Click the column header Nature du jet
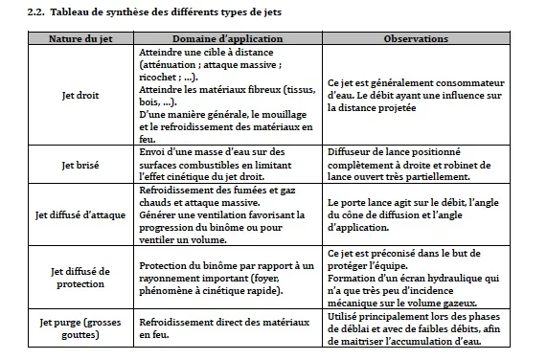tap(80, 39)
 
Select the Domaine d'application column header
tap(230, 39)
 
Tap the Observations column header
tap(416, 39)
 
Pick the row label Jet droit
tap(81, 96)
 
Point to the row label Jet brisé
tap(81, 166)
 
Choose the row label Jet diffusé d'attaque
tap(81, 214)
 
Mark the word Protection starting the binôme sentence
tap(164, 265)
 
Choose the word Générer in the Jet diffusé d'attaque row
tap(159, 214)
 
